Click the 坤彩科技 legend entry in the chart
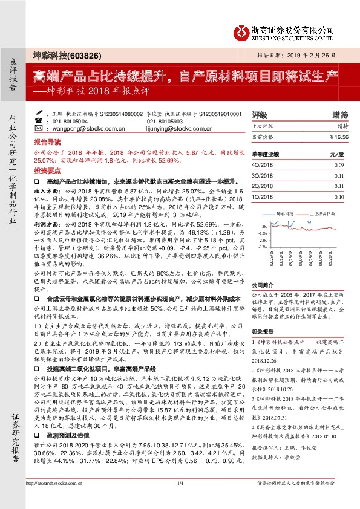tap(284, 214)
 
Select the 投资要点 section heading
tap(47, 171)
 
